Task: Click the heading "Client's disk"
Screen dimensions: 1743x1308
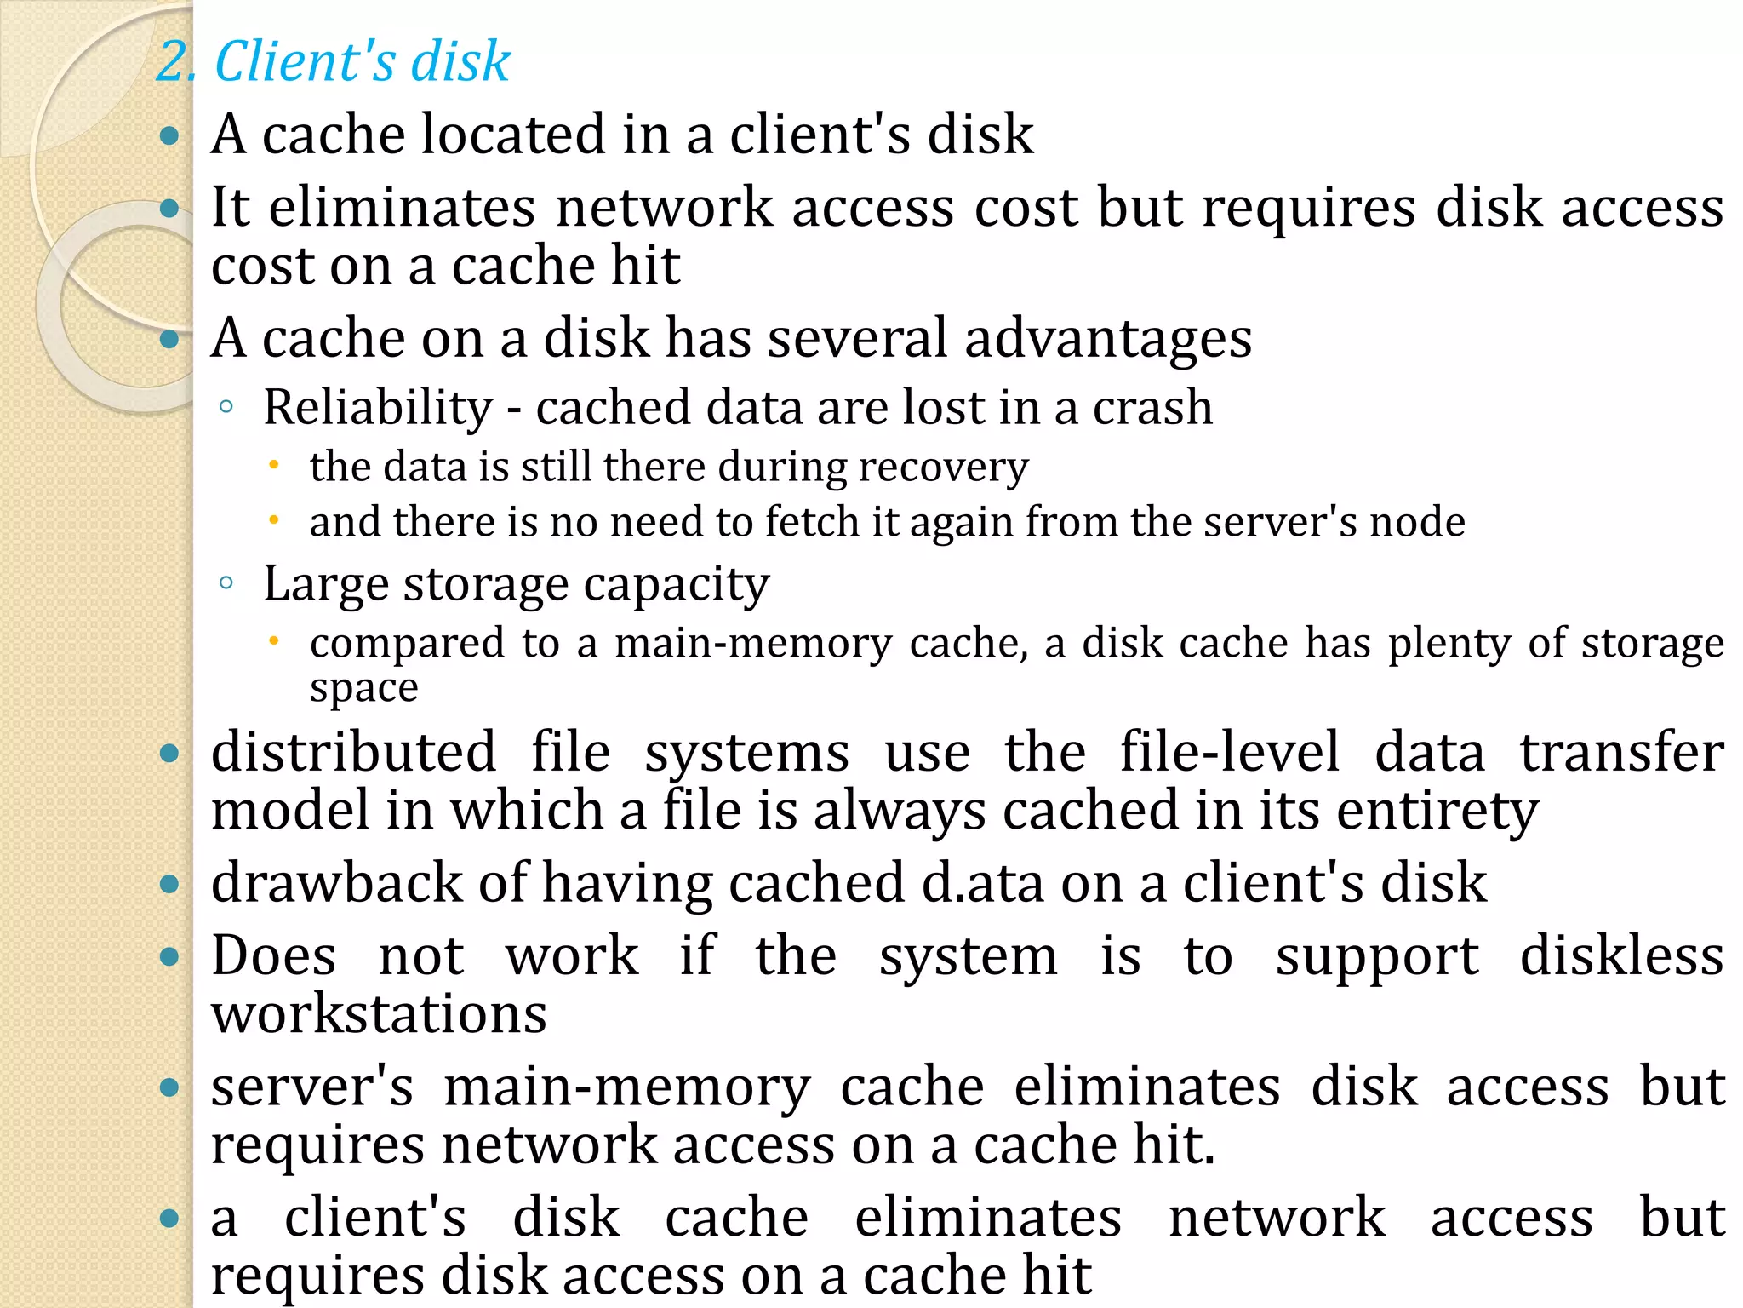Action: coord(362,61)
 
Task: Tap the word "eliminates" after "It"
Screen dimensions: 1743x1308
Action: coord(402,208)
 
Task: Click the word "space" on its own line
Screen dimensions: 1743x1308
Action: coord(363,687)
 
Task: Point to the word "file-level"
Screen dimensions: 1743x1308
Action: coord(1229,753)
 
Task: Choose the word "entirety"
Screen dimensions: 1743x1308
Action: coord(1437,811)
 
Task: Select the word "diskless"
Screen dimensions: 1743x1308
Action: coord(1621,956)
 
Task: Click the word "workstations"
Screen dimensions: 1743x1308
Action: coord(379,1014)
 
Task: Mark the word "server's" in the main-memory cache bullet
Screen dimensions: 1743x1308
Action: coord(312,1087)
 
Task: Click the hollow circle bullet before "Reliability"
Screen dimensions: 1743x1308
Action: coord(226,407)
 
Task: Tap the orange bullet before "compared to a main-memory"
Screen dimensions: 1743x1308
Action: coord(273,640)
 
